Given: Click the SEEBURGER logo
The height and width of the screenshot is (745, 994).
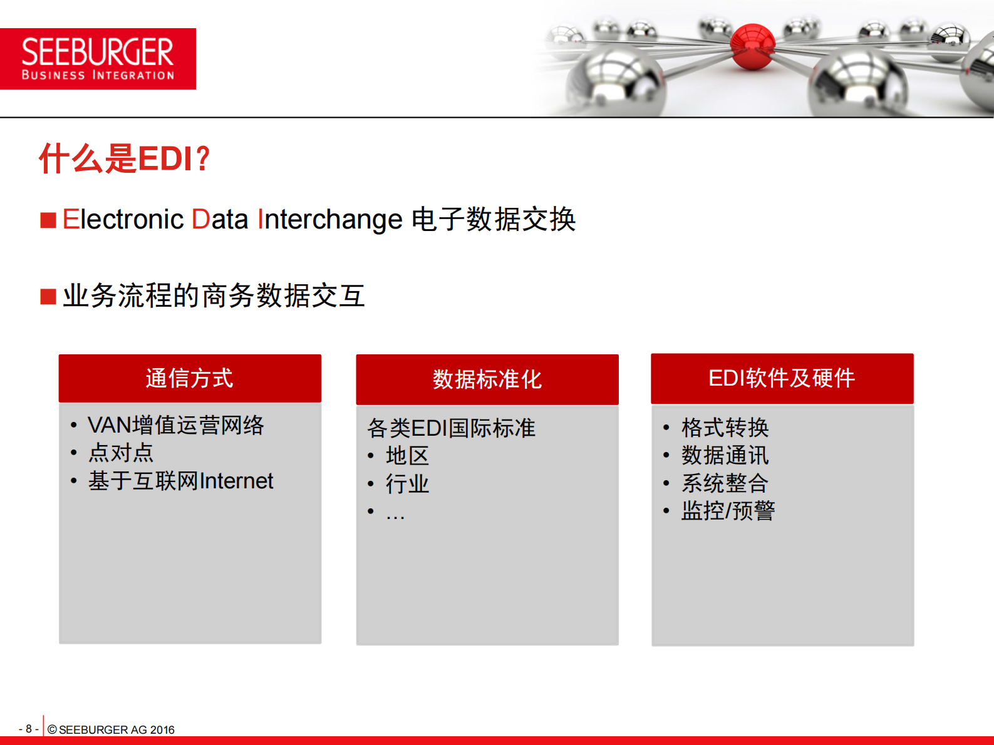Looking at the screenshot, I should click(x=98, y=59).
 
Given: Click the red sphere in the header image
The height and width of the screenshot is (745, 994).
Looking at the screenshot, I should click(x=753, y=46).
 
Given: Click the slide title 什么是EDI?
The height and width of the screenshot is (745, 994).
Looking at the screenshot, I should click(x=125, y=158).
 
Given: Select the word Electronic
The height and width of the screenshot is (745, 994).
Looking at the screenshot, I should click(x=123, y=220).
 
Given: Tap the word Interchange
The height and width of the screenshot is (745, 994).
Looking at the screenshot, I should click(x=330, y=220).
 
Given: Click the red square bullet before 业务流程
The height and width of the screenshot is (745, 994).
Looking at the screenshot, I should click(x=48, y=296).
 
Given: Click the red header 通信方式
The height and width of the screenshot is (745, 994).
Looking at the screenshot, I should click(x=190, y=379).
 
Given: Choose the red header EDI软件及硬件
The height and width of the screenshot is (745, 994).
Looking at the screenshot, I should click(x=782, y=379).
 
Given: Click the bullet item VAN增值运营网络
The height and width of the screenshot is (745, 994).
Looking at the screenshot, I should click(x=175, y=425).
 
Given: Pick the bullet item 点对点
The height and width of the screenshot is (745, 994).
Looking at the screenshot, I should click(x=121, y=453).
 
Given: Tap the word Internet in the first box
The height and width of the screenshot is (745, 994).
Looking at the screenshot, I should click(x=237, y=481).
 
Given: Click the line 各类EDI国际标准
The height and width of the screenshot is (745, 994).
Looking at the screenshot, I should click(x=451, y=428).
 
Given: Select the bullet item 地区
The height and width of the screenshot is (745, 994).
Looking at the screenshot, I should click(x=407, y=456).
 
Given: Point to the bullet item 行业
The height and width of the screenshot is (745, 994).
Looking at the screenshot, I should click(x=407, y=484).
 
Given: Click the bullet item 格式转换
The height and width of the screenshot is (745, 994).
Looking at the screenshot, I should click(x=725, y=428).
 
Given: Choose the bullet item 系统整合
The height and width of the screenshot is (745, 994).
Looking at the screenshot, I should click(x=725, y=483).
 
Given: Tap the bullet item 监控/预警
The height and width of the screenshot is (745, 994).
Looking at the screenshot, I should click(x=728, y=511).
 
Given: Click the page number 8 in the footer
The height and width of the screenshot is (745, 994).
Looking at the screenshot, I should click(x=29, y=729).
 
